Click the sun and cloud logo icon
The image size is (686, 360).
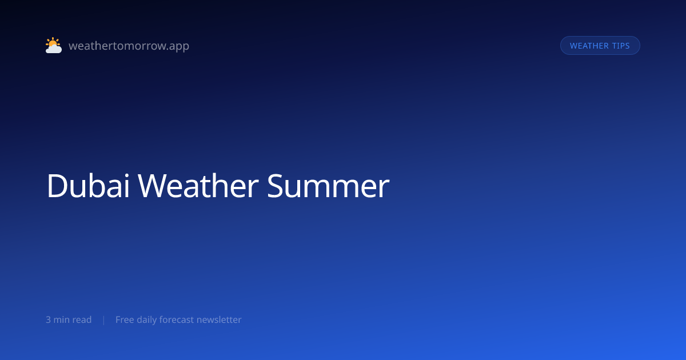53,46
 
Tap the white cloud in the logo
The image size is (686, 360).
54,49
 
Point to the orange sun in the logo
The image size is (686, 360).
53,43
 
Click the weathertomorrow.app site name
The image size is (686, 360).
129,46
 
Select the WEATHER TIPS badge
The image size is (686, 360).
600,46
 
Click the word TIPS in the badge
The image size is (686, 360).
620,46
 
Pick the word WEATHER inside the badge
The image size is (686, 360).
589,46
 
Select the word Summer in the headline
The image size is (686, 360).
328,186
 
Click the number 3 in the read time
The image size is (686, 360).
48,320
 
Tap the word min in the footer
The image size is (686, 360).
61,320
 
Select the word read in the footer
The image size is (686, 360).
82,320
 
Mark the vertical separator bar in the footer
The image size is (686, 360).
103,320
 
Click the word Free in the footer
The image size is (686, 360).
125,320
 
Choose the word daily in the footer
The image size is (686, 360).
147,320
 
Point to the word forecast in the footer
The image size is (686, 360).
177,320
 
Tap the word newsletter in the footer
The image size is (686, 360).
219,320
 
